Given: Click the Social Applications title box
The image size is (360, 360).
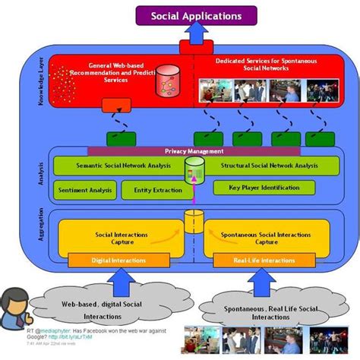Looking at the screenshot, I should (x=196, y=15).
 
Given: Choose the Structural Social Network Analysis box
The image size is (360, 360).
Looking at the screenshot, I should (x=264, y=165).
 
